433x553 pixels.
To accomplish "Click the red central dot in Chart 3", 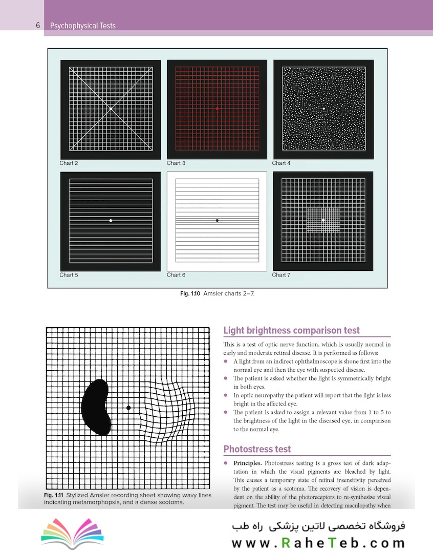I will (x=217, y=109).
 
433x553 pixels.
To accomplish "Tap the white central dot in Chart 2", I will (x=111, y=109).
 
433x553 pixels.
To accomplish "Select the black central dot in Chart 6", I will (x=217, y=220).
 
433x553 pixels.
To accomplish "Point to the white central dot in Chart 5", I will (x=111, y=220).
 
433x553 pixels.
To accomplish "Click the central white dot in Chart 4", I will (x=323, y=109).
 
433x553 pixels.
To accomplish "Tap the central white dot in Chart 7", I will (x=323, y=220).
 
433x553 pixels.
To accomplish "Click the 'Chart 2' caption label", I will (x=69, y=163).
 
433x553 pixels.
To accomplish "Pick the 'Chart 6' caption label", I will (x=176, y=275).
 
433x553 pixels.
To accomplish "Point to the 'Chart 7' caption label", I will (x=281, y=275).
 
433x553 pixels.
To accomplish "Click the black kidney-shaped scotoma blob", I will (x=96, y=407).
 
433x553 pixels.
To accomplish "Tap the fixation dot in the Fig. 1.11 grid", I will (x=128, y=408).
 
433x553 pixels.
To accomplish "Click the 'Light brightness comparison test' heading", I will (x=292, y=331).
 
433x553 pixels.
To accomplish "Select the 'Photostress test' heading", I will (x=257, y=449).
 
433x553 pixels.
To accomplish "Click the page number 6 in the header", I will (x=38, y=26).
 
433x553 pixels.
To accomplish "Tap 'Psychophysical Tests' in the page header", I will (x=83, y=26).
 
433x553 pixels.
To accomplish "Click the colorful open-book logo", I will (x=72, y=533).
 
